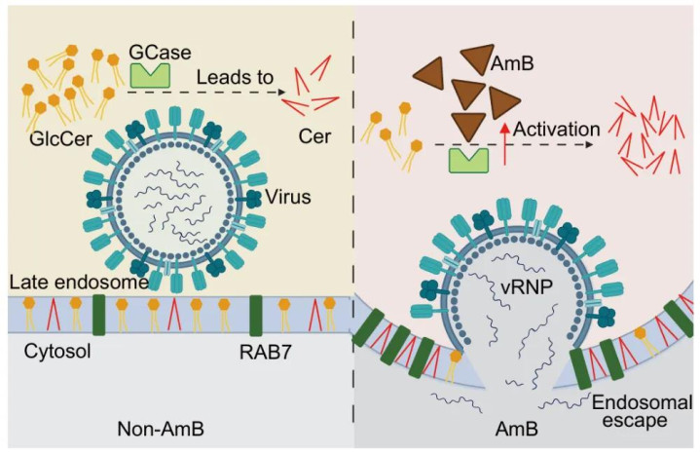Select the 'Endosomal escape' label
click(630, 413)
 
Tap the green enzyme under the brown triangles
click(467, 159)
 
